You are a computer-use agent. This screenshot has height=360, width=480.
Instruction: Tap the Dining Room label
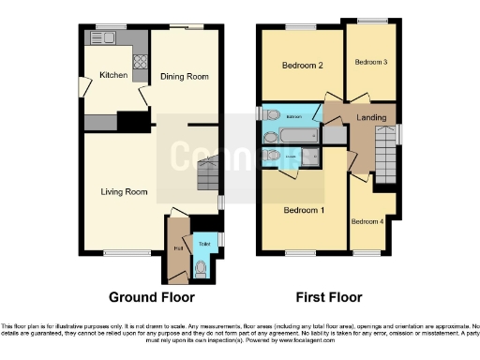click(x=183, y=77)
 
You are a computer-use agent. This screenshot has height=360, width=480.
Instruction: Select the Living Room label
click(x=125, y=191)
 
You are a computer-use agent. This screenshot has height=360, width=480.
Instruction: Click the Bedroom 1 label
click(x=304, y=209)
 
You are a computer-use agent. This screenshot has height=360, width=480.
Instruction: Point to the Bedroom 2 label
click(x=303, y=66)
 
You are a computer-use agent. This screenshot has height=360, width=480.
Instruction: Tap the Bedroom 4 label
click(x=367, y=222)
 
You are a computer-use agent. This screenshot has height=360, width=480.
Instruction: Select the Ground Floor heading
click(x=151, y=297)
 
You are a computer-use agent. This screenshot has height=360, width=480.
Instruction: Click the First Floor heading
click(x=329, y=297)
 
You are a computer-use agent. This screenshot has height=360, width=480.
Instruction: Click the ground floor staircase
click(x=209, y=172)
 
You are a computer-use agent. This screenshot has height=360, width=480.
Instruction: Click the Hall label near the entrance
click(x=177, y=249)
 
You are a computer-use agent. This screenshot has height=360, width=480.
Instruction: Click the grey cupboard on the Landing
click(x=334, y=136)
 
